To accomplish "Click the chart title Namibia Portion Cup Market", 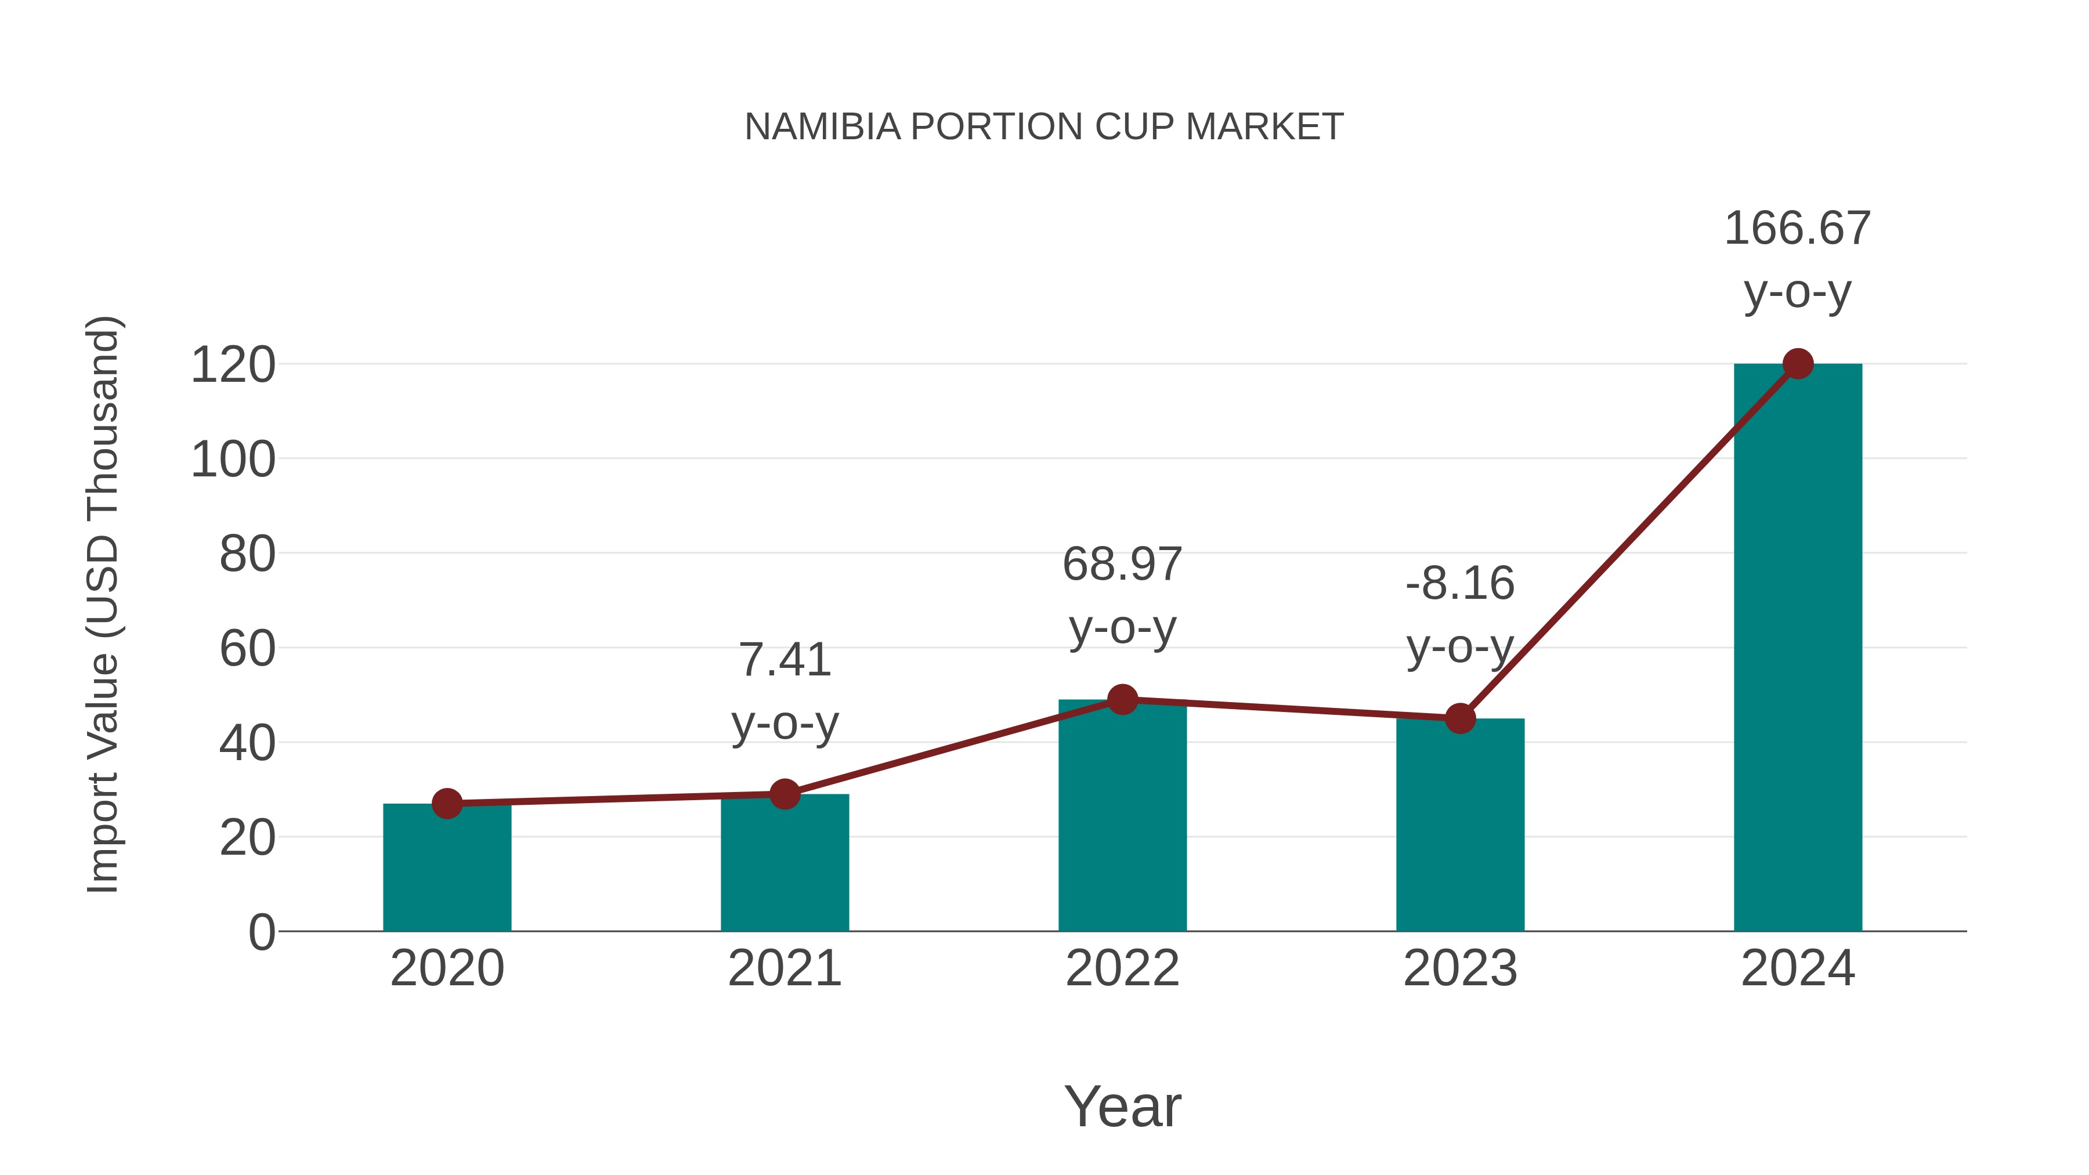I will pos(1044,127).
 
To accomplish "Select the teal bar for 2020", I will pos(447,872).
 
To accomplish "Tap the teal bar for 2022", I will pos(1122,819).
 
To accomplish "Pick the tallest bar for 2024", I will pos(1797,649).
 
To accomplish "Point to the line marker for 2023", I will pos(1460,718).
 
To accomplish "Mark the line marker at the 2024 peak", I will pos(1798,364).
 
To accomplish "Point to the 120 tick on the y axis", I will pos(233,365).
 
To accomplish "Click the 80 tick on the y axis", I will pos(247,555).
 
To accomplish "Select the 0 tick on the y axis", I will pos(262,932).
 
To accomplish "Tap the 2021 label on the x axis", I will pos(784,968).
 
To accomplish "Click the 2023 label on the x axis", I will pos(1460,968).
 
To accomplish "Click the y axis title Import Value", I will pos(104,604).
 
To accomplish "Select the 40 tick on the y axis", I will pos(247,744).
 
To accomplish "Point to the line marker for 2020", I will pos(447,804).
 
